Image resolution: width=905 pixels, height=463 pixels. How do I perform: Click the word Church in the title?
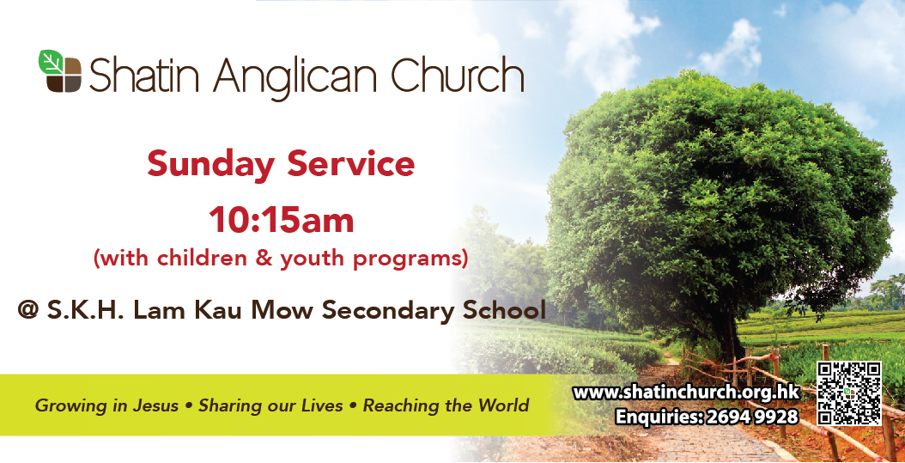click(457, 75)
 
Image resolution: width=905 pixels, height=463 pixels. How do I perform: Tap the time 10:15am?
click(281, 221)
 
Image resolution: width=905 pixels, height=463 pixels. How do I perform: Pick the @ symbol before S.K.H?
click(27, 310)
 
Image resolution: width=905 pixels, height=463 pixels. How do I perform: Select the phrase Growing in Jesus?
click(106, 405)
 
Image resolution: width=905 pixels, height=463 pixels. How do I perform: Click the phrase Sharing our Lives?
click(270, 405)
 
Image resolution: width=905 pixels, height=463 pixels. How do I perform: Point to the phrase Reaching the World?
click(446, 405)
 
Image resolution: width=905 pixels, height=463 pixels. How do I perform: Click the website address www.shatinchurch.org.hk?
click(686, 393)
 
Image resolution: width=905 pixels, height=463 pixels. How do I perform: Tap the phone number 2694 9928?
click(752, 416)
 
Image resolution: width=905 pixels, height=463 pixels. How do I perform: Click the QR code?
click(849, 393)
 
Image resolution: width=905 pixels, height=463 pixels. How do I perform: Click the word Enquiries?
click(658, 417)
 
